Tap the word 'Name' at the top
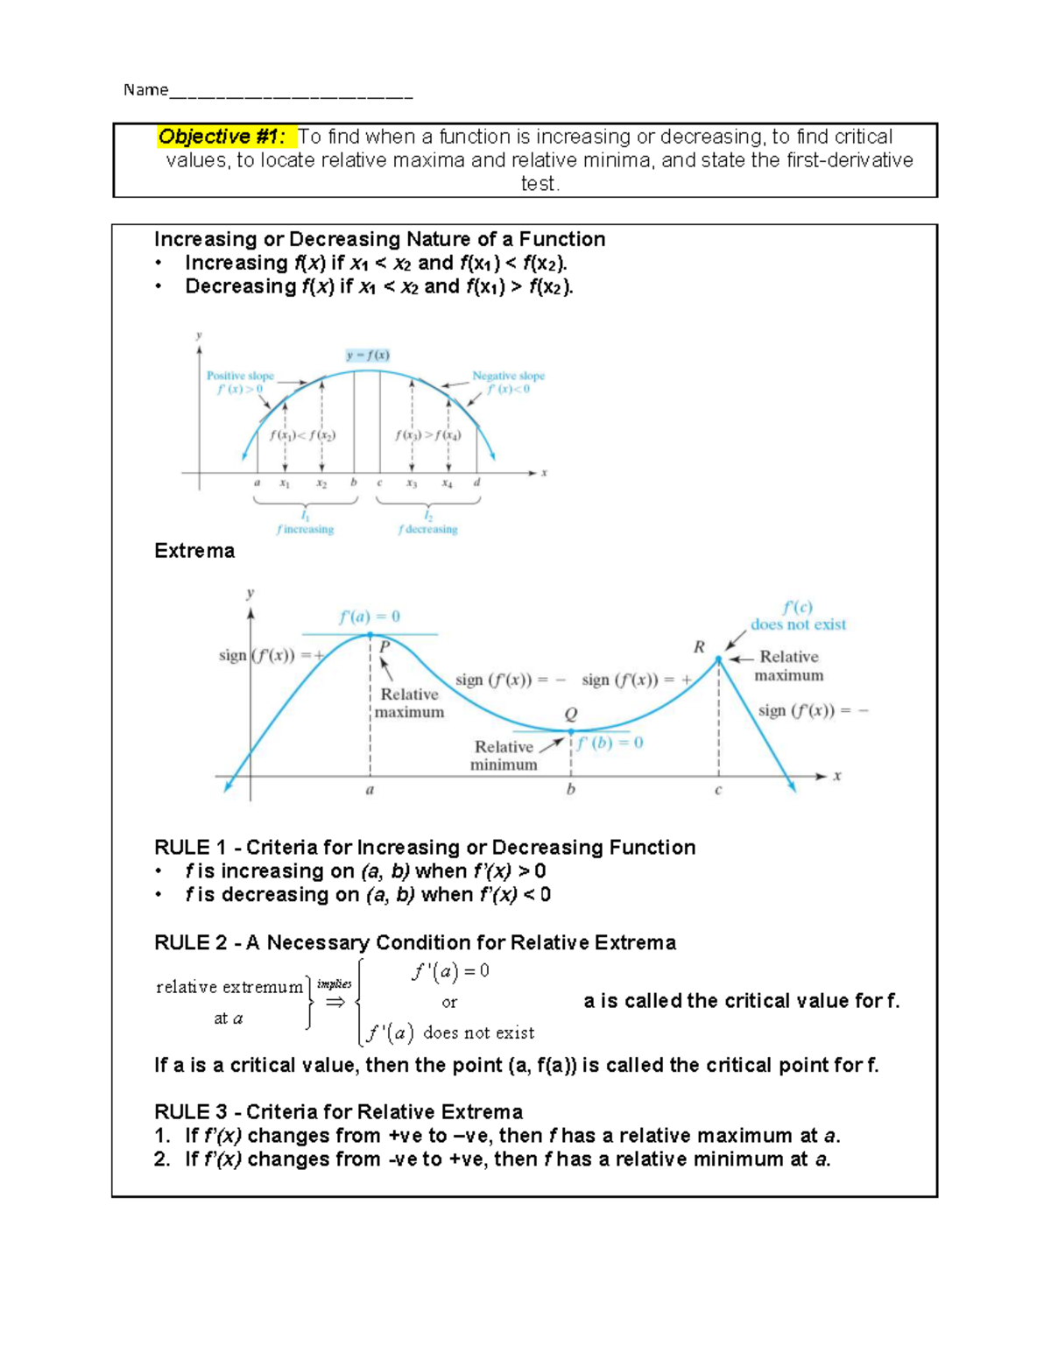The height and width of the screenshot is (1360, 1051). tap(145, 89)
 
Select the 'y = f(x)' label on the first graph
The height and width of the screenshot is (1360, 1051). tap(368, 355)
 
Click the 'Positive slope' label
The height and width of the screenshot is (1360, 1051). tap(240, 376)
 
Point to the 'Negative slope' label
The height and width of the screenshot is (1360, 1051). tap(508, 376)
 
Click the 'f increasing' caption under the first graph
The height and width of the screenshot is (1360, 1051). tap(305, 529)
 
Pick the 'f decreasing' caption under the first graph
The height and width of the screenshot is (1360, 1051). tap(427, 529)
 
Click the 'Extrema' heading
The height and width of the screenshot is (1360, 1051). tap(194, 551)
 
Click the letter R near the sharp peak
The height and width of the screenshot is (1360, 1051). tap(699, 647)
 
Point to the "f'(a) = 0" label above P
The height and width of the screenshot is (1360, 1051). tap(370, 617)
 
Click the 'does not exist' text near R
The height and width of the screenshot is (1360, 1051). tap(798, 624)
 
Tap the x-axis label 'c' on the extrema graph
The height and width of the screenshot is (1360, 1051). tap(718, 790)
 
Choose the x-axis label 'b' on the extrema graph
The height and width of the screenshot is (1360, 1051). tap(571, 790)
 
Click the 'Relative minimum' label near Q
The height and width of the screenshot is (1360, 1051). tap(504, 755)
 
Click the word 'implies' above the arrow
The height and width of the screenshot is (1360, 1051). tap(335, 984)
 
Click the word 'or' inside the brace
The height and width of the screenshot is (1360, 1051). tap(449, 1003)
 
